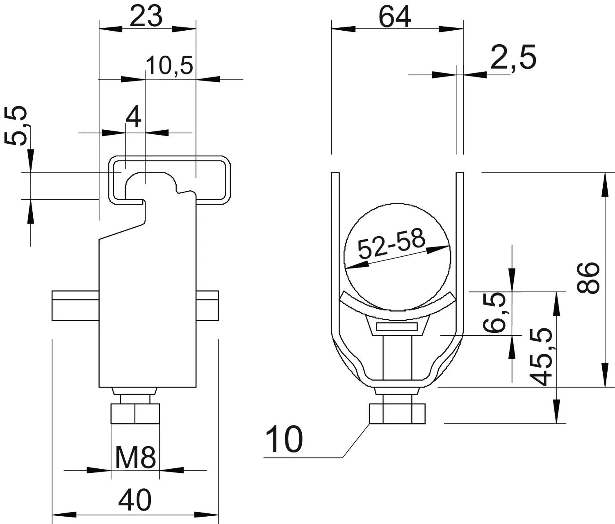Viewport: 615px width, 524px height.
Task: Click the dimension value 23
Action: tap(146, 16)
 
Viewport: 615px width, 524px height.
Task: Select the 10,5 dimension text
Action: tap(170, 65)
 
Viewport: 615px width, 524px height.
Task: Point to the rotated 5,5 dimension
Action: tap(16, 125)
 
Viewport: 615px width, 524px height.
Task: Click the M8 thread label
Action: tap(135, 458)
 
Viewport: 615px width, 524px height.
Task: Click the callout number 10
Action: tap(284, 439)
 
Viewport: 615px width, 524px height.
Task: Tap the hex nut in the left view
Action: tap(135, 413)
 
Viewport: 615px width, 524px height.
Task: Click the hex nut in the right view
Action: tap(397, 413)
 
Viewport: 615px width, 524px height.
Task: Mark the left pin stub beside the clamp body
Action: tap(75, 306)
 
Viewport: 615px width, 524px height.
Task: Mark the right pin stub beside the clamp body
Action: tap(207, 306)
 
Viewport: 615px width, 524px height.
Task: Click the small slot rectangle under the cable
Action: tap(397, 327)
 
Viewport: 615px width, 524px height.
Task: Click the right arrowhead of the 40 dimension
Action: tap(207, 515)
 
